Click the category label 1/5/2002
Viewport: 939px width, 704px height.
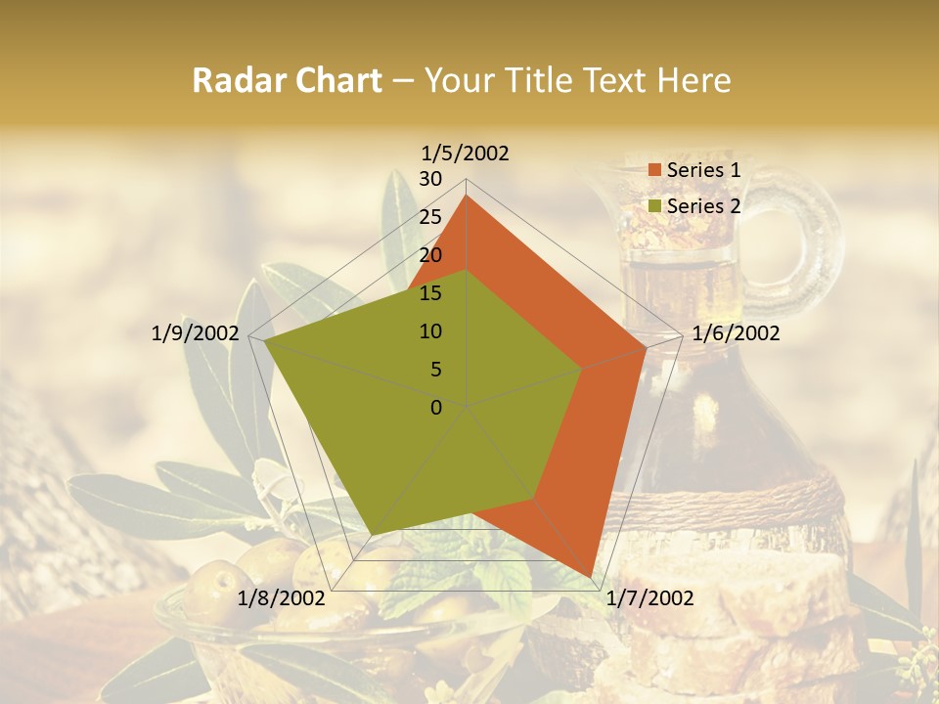pos(466,154)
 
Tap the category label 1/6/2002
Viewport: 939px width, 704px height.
pos(736,333)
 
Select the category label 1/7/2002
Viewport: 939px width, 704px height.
pos(650,598)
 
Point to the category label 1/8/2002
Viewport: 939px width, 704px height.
pos(282,598)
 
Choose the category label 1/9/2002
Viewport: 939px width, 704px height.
pos(196,333)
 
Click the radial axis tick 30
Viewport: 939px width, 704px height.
pos(430,179)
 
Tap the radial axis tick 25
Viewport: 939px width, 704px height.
pos(430,217)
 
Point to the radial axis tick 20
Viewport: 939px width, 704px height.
pos(430,255)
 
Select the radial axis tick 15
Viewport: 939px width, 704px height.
pos(430,293)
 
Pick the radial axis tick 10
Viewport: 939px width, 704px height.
pos(430,331)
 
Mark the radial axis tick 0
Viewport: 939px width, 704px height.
pos(436,408)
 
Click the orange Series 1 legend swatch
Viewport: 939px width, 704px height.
pos(655,171)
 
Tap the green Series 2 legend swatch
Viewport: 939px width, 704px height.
pos(655,206)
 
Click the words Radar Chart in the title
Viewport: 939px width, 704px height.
pos(287,81)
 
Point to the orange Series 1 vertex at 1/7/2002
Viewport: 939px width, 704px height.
pos(591,577)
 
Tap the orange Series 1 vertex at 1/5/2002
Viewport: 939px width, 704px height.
pos(467,196)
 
